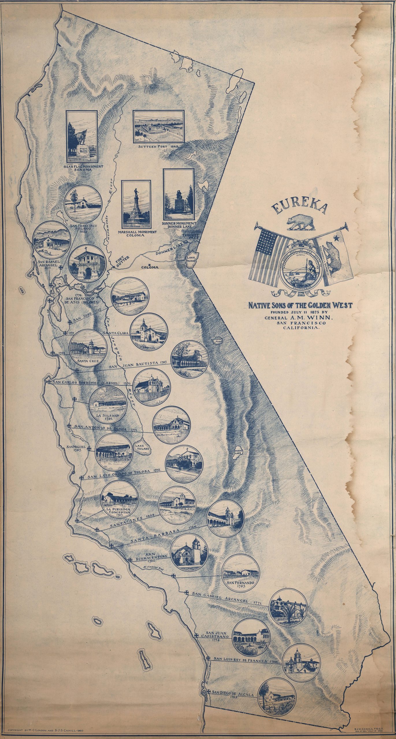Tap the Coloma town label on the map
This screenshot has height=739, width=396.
[150, 267]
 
